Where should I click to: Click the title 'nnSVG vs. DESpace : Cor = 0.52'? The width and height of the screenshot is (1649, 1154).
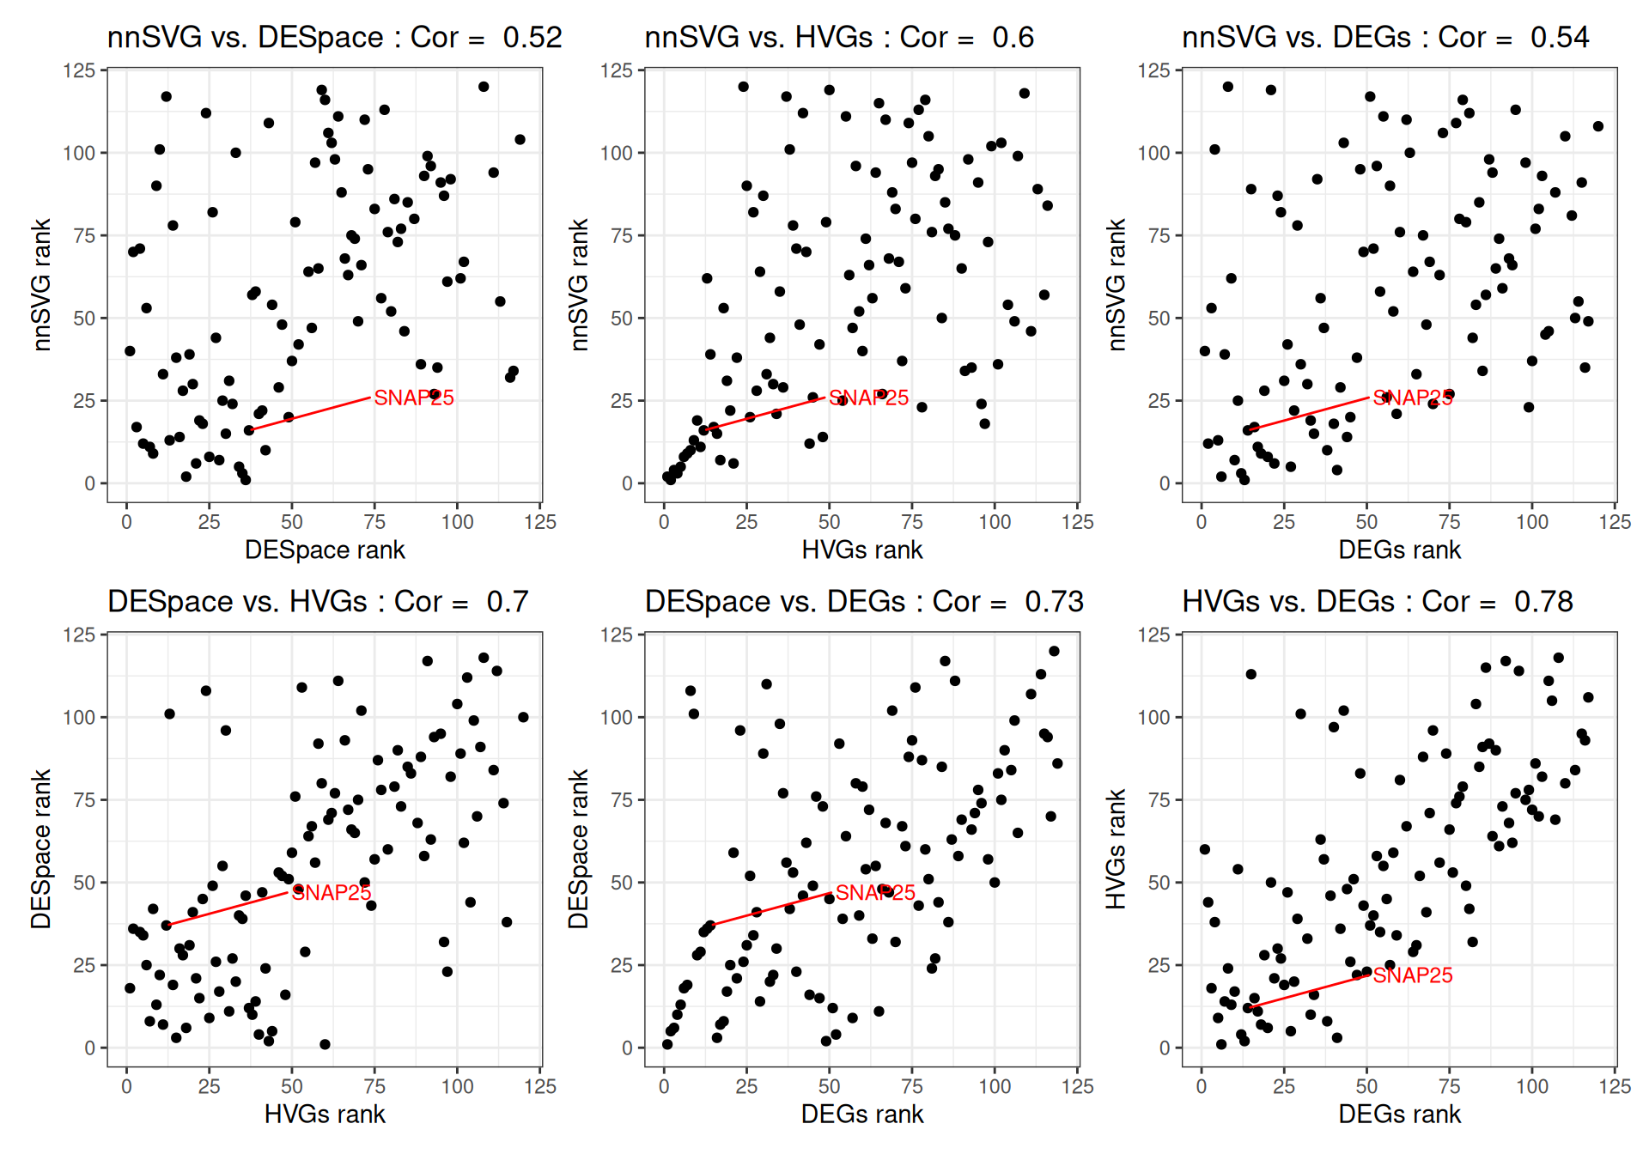pyautogui.click(x=334, y=38)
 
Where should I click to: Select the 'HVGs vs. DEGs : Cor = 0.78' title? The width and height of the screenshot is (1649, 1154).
pyautogui.click(x=1377, y=602)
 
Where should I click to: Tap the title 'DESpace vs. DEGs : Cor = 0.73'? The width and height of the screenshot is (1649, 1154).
pyautogui.click(x=864, y=602)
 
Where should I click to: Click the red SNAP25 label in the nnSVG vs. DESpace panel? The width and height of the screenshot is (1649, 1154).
pyautogui.click(x=414, y=398)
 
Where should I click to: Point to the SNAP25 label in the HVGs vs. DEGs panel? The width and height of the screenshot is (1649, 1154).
pyautogui.click(x=1413, y=975)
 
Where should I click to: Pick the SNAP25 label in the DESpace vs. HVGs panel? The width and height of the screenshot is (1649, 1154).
pyautogui.click(x=332, y=893)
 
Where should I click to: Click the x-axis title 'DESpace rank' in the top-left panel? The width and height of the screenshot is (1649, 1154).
pyautogui.click(x=325, y=550)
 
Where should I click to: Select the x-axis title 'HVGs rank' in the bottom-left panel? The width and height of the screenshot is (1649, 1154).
pyautogui.click(x=325, y=1115)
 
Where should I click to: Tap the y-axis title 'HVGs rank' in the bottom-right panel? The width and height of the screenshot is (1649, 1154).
pyautogui.click(x=1116, y=849)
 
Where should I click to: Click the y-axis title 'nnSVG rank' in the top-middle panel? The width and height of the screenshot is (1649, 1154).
pyautogui.click(x=579, y=285)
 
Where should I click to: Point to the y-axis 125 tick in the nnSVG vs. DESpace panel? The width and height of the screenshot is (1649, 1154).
pyautogui.click(x=79, y=70)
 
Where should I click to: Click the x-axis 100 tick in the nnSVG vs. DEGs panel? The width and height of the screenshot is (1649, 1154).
pyautogui.click(x=1532, y=522)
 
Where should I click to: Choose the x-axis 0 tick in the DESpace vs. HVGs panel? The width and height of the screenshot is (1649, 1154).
pyautogui.click(x=127, y=1086)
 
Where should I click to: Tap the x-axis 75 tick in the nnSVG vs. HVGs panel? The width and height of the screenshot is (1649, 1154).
pyautogui.click(x=912, y=522)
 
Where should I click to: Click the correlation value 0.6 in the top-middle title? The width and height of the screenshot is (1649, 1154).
pyautogui.click(x=1013, y=38)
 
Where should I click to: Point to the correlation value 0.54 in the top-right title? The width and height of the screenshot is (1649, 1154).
pyautogui.click(x=1560, y=38)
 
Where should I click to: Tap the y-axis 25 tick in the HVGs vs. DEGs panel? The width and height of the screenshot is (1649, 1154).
pyautogui.click(x=1159, y=965)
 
